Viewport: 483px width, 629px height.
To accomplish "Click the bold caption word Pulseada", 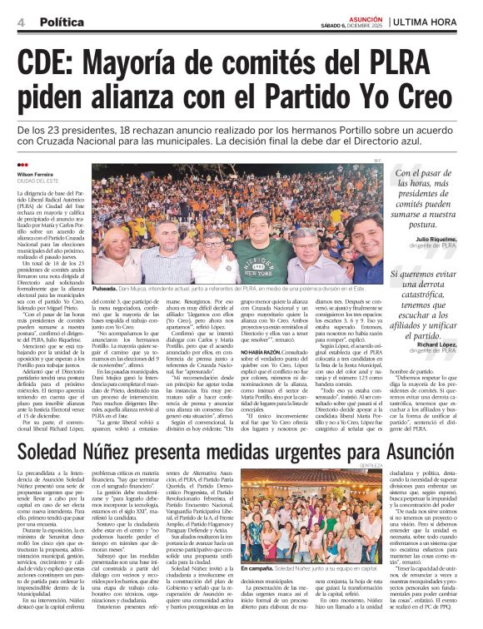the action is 109,287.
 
